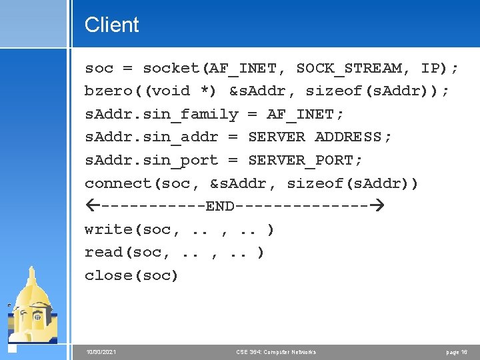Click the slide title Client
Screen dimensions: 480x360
click(111, 25)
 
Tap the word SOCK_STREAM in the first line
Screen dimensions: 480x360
click(349, 68)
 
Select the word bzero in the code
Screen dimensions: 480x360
click(109, 91)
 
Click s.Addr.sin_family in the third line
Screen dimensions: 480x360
click(161, 114)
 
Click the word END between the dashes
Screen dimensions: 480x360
click(220, 206)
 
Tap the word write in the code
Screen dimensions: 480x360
click(109, 229)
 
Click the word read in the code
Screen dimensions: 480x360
click(104, 253)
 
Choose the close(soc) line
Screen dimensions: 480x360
click(131, 275)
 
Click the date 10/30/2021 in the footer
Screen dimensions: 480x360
click(101, 352)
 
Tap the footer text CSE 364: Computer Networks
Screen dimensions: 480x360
click(276, 352)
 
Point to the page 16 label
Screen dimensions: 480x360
click(457, 352)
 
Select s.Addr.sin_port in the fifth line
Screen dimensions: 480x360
click(151, 161)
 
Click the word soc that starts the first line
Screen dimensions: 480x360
click(99, 68)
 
